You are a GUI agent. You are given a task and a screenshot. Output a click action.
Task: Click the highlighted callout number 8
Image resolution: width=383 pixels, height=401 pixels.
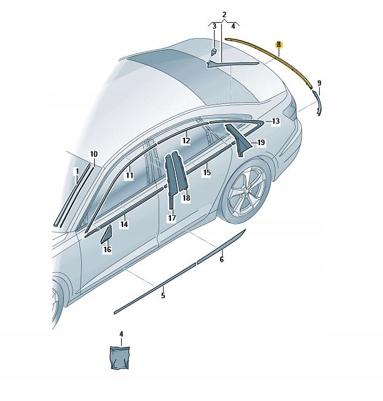279,45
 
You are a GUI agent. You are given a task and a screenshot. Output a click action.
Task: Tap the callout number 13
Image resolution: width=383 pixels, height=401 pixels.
275,122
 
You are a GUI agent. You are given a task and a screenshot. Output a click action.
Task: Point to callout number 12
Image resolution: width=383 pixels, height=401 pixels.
186,141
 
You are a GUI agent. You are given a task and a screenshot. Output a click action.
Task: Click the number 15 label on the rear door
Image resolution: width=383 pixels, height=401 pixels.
207,173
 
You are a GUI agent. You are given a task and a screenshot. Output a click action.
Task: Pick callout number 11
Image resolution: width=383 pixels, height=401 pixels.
130,176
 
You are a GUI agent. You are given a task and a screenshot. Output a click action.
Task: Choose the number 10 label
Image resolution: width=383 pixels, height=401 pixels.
93,154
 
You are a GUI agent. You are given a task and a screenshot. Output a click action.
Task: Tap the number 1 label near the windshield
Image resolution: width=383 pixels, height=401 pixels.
76,170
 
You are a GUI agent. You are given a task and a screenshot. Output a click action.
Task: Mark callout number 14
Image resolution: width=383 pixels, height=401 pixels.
124,225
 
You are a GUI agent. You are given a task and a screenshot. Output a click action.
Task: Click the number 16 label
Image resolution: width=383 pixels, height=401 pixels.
107,250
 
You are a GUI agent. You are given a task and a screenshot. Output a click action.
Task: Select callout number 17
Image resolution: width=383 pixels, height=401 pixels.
172,218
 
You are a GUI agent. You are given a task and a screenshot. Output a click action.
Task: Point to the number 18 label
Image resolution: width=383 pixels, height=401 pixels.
186,199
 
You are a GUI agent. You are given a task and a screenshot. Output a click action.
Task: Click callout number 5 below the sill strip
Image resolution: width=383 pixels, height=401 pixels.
164,296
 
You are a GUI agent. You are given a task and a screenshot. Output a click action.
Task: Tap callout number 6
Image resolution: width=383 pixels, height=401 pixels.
221,260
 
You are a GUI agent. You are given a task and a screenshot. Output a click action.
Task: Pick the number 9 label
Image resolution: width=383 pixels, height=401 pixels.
319,83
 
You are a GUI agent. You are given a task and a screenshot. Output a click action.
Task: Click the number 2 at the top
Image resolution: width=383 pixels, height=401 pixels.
224,14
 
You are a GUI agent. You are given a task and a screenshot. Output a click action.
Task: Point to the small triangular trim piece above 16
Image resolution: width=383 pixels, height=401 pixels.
106,234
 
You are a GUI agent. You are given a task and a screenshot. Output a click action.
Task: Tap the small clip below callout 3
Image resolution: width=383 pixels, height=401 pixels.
213,52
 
